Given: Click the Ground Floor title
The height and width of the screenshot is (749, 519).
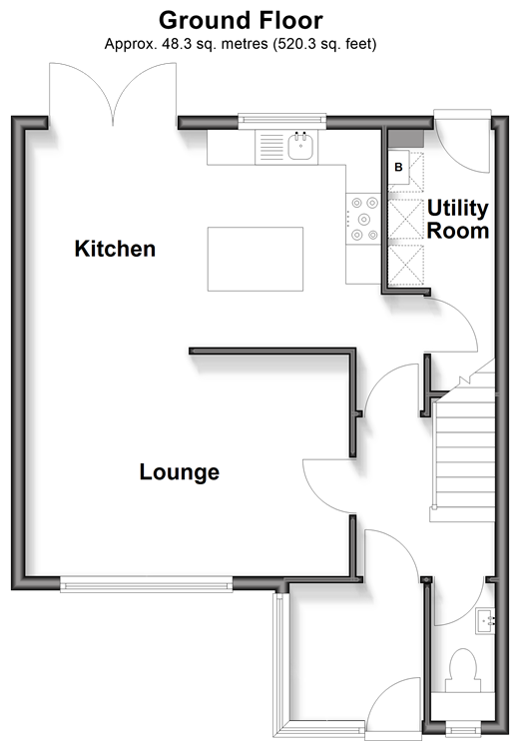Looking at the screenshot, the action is pyautogui.click(x=241, y=21).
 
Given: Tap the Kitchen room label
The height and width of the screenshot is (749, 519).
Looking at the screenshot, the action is pyautogui.click(x=115, y=249).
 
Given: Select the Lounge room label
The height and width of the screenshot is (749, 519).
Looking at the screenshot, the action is pyautogui.click(x=180, y=472).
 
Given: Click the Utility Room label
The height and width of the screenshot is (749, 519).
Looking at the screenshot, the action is pyautogui.click(x=458, y=220).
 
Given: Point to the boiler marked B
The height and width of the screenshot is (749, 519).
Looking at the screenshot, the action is pyautogui.click(x=398, y=167).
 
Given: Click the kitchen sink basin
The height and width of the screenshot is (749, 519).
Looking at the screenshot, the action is pyautogui.click(x=300, y=146).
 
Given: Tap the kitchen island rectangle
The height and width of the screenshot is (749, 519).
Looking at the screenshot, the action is pyautogui.click(x=256, y=259).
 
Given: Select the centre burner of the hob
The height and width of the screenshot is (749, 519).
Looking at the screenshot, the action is pyautogui.click(x=364, y=219).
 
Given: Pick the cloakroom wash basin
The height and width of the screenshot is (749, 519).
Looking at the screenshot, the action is pyautogui.click(x=485, y=621).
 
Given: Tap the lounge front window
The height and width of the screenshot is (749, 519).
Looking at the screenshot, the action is pyautogui.click(x=146, y=584).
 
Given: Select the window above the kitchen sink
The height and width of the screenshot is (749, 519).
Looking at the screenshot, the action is pyautogui.click(x=282, y=121).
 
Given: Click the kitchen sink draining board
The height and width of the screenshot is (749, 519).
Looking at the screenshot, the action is pyautogui.click(x=271, y=147).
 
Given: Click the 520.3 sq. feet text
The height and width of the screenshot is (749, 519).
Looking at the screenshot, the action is pyautogui.click(x=324, y=44).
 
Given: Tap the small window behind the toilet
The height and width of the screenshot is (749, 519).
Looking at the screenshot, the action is pyautogui.click(x=461, y=730).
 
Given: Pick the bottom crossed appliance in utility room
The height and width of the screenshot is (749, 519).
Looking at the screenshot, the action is pyautogui.click(x=406, y=266).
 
